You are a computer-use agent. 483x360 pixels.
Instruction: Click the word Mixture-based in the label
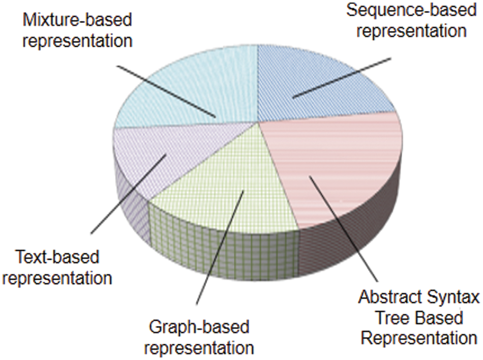coord(77,20)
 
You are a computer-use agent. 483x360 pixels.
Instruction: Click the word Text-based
coord(57,257)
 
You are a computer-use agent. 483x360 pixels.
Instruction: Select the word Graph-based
coord(199,327)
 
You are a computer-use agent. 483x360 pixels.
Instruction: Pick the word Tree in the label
coord(391,317)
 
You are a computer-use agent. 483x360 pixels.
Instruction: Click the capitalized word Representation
coord(418,338)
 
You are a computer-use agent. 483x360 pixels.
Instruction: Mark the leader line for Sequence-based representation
coord(342,78)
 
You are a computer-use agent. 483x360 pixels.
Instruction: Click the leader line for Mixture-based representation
coord(166,92)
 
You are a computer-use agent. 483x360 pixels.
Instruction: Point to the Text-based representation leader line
coord(129,194)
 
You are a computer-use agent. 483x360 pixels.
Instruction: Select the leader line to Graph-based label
coord(220,247)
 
